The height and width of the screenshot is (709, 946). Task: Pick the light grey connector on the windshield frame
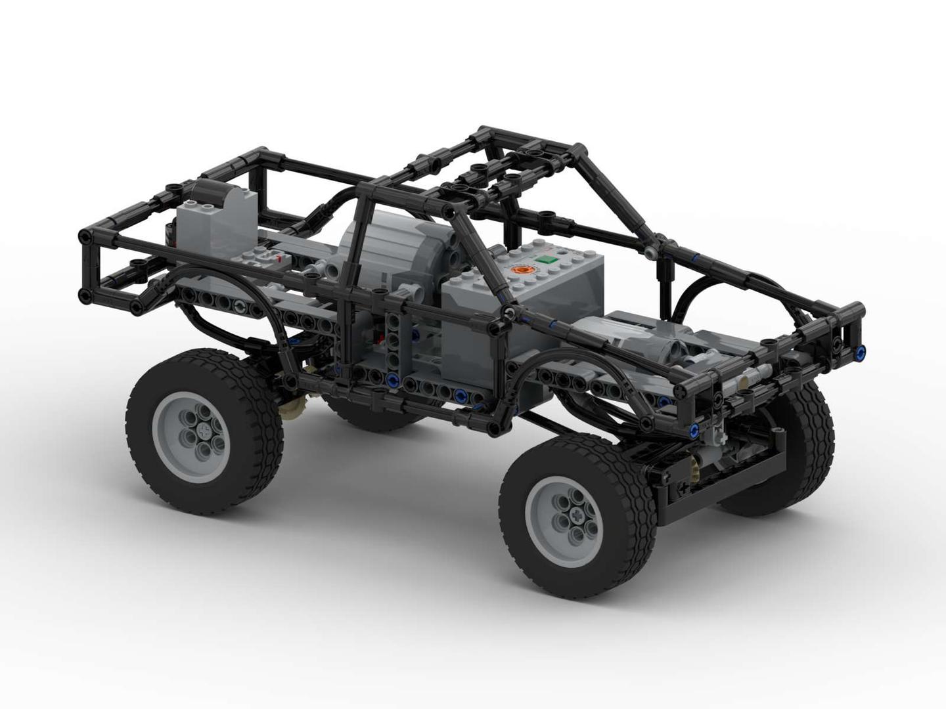650,252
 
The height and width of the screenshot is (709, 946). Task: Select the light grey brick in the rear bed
217,220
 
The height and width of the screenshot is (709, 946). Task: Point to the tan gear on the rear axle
292,408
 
